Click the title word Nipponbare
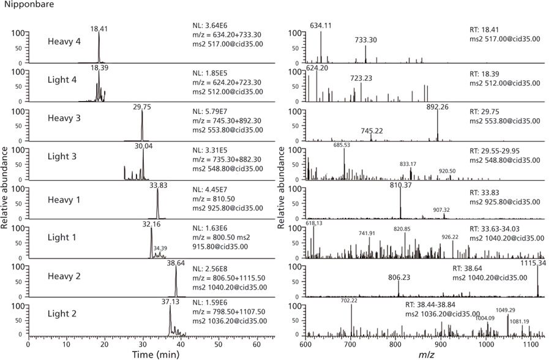pyautogui.click(x=21, y=6)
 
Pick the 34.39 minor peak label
pyautogui.click(x=160, y=248)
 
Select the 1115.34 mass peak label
pyautogui.click(x=531, y=263)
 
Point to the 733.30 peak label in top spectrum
pyautogui.click(x=366, y=39)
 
